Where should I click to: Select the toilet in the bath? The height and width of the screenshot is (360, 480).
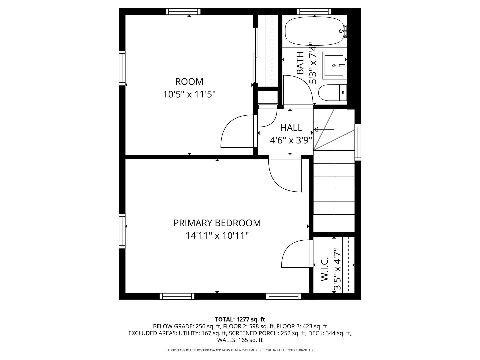click(332, 92)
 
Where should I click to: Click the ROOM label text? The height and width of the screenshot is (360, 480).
click(189, 82)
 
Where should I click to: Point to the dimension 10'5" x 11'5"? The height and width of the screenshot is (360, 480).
click(189, 94)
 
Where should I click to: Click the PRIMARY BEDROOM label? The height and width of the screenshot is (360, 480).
click(217, 223)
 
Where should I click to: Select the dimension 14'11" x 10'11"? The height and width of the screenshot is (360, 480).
click(217, 236)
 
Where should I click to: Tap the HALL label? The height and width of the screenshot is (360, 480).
click(291, 128)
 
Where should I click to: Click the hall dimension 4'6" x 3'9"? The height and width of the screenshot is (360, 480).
click(291, 140)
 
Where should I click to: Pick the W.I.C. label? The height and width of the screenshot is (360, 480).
click(325, 269)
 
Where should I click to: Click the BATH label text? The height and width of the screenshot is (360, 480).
click(300, 63)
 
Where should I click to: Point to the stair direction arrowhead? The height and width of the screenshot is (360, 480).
click(316, 130)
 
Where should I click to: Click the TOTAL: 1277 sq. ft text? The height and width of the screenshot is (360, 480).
click(240, 319)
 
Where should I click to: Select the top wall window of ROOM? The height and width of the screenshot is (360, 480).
click(184, 12)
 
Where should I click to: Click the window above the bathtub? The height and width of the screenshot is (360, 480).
click(314, 12)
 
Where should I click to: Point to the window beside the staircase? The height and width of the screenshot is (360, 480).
click(358, 142)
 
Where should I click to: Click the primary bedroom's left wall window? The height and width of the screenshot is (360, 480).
click(122, 231)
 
